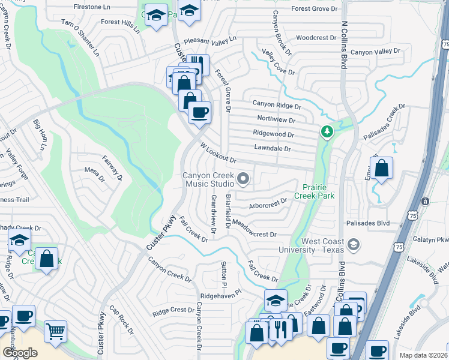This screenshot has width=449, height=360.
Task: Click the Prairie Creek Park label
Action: [x=316, y=191]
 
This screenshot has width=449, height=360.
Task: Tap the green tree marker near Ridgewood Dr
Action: [x=327, y=131]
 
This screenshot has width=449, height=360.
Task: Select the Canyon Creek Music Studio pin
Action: [x=243, y=178]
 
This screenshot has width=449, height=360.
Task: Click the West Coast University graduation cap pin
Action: [x=354, y=244]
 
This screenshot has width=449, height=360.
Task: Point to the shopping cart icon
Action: [x=55, y=331]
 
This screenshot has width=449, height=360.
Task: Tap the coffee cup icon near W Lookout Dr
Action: [x=199, y=112]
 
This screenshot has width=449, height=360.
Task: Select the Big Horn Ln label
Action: [x=40, y=135]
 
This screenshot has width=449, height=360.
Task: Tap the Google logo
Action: [x=20, y=353]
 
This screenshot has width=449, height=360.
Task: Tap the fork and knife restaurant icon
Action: [x=279, y=328]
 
